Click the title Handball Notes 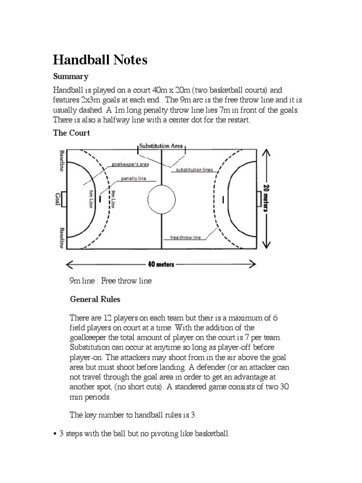100,60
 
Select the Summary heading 70,76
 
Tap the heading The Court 71,133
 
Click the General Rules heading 95,299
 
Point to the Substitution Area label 161,146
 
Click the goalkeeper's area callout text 130,165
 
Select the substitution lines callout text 194,169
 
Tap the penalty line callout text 134,179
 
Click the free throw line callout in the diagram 185,237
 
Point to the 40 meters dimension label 161,264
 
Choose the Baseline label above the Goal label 61,161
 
